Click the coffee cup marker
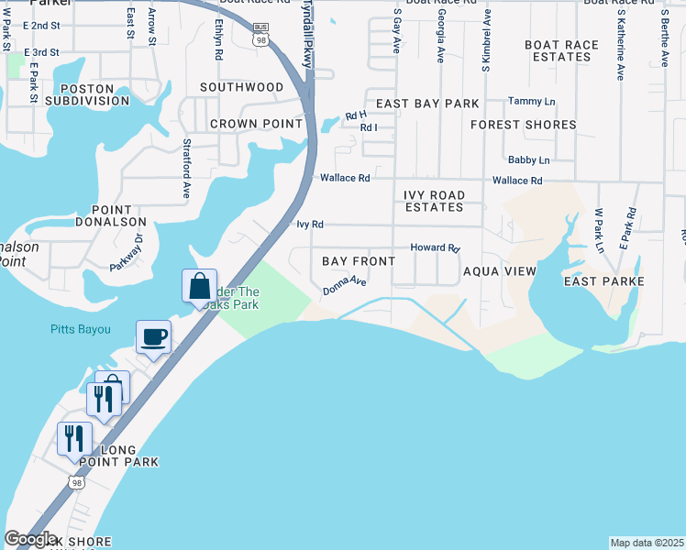click(x=153, y=335)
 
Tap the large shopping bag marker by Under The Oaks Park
click(x=199, y=286)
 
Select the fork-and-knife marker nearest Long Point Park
click(x=74, y=437)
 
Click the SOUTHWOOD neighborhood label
click(x=242, y=87)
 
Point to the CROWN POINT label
click(x=256, y=123)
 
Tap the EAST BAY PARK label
click(x=427, y=104)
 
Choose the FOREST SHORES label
click(x=523, y=124)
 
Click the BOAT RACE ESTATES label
click(x=557, y=50)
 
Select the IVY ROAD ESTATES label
click(x=434, y=201)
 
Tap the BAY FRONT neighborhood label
click(x=359, y=261)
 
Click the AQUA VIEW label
click(x=499, y=271)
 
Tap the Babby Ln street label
click(x=528, y=159)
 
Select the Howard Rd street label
click(x=435, y=247)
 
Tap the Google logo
click(x=30, y=539)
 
